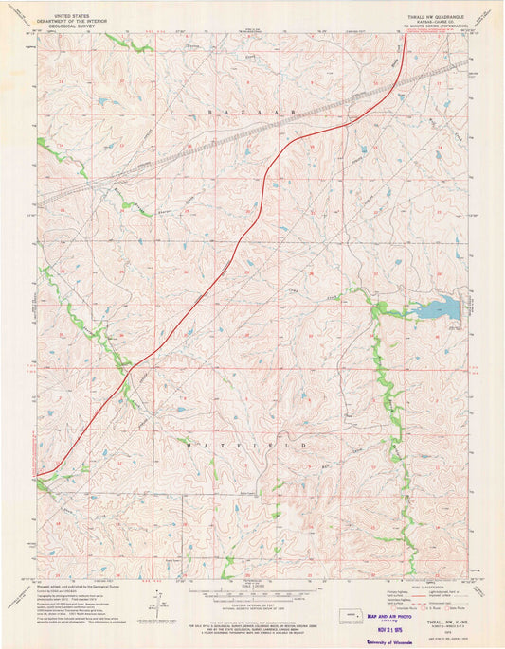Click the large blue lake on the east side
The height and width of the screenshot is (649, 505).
tap(439, 308)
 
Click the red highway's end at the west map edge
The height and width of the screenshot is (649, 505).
tap(40, 473)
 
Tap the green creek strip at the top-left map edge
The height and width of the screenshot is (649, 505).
tap(118, 41)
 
